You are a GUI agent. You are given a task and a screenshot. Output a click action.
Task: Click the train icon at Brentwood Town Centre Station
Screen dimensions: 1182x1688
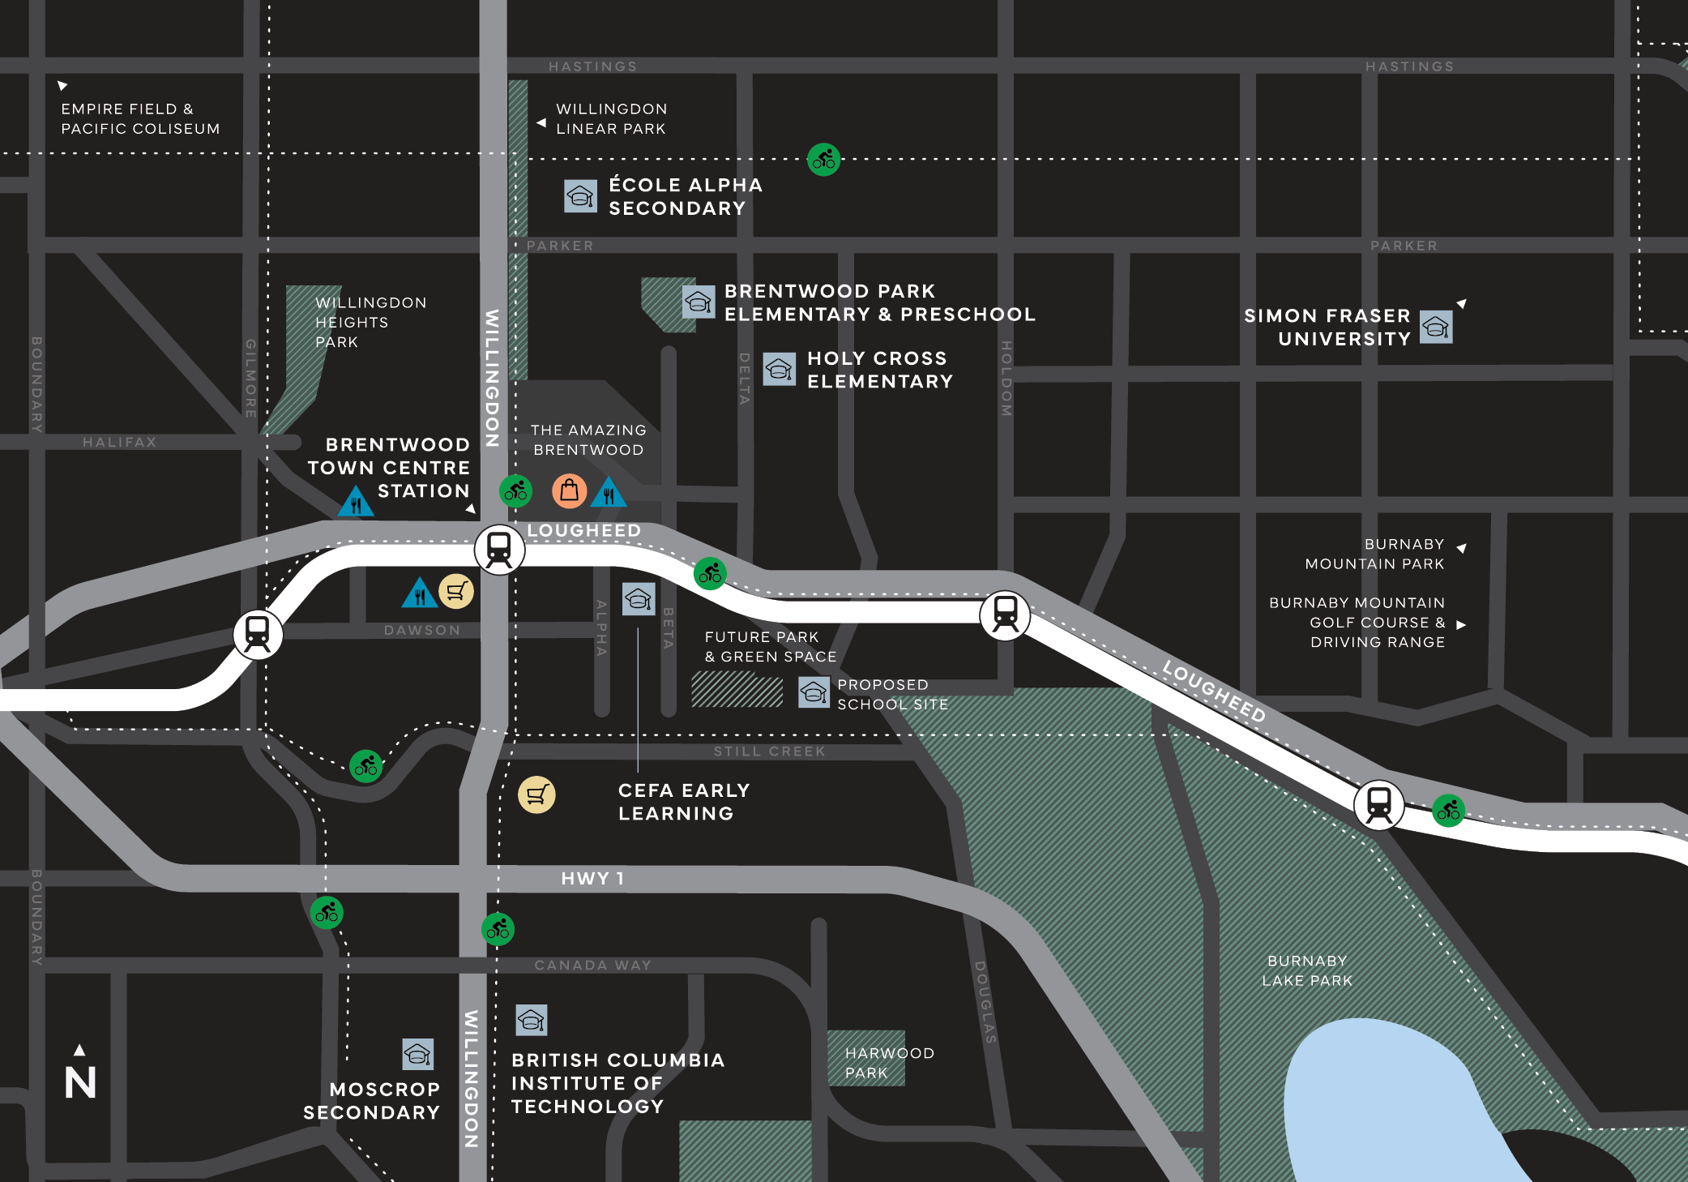click(x=499, y=550)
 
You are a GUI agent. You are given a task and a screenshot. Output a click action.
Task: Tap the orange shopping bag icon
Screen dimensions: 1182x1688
click(x=569, y=490)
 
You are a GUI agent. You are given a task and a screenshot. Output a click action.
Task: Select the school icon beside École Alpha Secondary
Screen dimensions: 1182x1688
click(x=580, y=196)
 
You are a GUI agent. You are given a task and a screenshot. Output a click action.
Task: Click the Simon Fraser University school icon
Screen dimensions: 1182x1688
click(x=1436, y=328)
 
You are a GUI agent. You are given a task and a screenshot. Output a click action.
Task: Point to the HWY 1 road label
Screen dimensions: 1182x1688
click(x=592, y=878)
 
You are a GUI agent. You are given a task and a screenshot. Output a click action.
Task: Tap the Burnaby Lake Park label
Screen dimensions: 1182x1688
click(x=1307, y=970)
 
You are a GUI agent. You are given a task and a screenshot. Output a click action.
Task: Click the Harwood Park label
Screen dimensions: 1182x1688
click(x=889, y=1062)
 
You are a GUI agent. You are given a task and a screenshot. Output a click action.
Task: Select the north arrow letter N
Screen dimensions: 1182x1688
click(x=80, y=1082)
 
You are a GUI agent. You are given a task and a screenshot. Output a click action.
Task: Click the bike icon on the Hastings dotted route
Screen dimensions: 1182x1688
click(x=823, y=159)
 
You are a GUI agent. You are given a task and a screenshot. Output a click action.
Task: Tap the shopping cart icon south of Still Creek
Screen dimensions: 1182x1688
click(x=536, y=794)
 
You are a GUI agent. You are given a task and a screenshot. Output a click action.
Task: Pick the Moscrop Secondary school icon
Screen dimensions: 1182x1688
click(x=418, y=1054)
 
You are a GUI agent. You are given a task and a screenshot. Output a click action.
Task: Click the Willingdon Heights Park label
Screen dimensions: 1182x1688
click(x=370, y=322)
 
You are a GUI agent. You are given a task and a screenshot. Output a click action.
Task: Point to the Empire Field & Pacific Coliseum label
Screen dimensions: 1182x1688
click(x=140, y=118)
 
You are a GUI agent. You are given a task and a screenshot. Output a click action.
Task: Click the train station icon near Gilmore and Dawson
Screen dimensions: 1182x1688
click(x=258, y=633)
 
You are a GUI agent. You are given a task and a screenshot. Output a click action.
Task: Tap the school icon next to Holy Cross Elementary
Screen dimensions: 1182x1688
click(x=779, y=370)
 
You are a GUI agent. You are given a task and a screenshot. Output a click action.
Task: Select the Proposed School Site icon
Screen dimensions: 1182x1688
click(x=814, y=692)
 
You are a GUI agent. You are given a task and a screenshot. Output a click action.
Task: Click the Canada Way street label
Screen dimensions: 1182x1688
click(x=592, y=965)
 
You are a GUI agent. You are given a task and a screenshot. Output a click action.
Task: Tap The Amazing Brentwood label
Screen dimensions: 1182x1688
click(x=588, y=439)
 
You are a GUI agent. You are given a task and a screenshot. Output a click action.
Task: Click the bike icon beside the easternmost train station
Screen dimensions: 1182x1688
click(x=1447, y=809)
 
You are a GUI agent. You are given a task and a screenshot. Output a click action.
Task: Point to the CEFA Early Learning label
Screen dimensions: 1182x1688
click(x=683, y=801)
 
